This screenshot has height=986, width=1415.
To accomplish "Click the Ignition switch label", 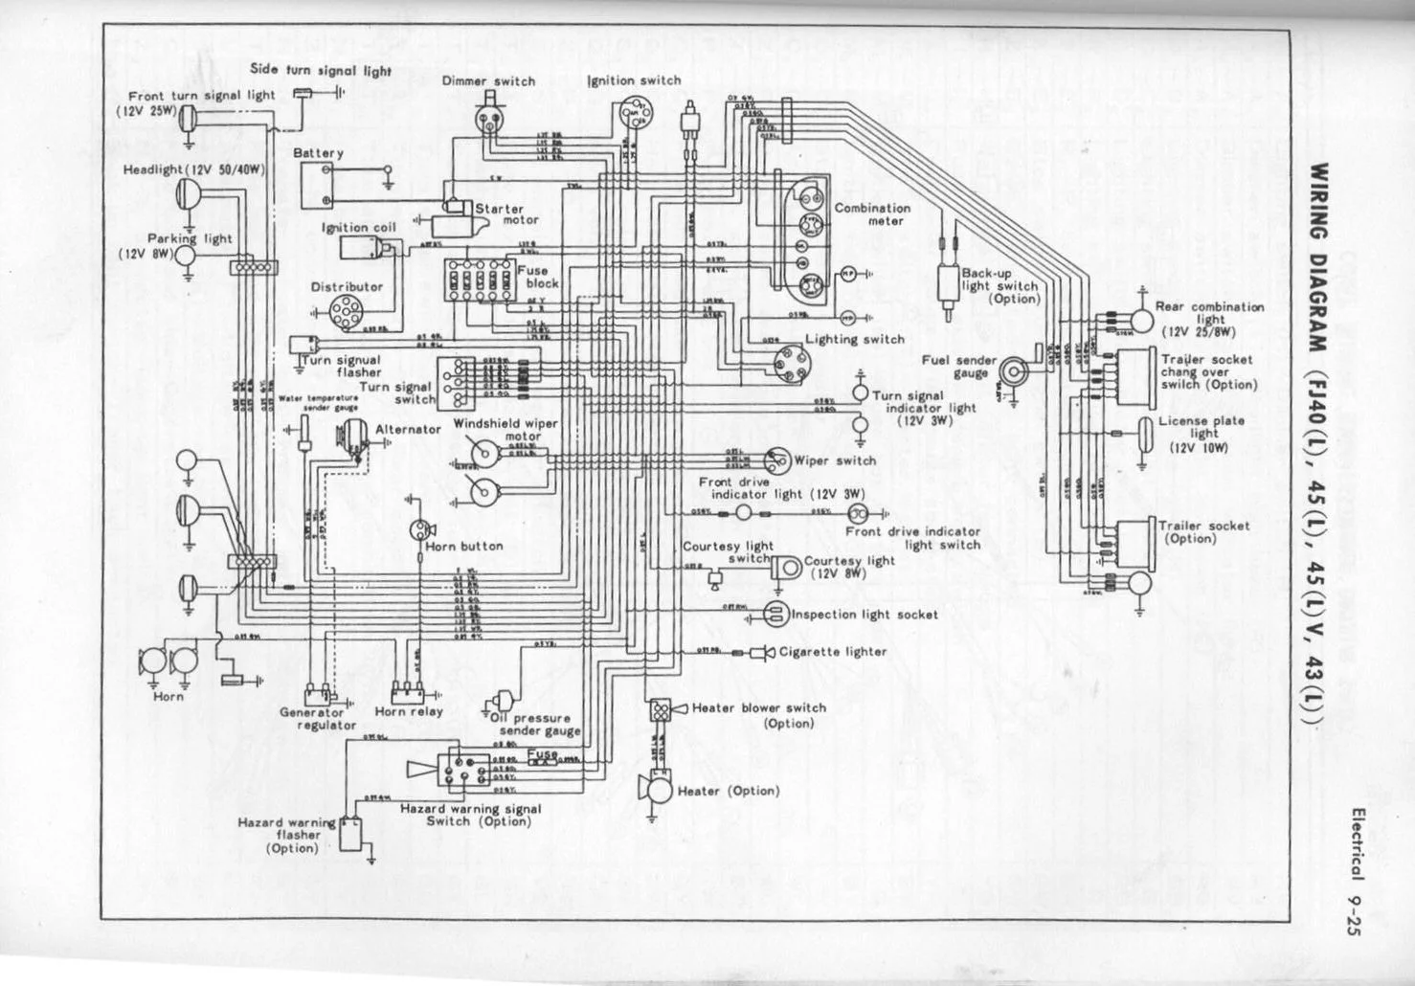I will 634,80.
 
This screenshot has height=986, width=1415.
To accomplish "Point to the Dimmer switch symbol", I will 488,116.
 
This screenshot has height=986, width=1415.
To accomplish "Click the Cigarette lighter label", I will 833,652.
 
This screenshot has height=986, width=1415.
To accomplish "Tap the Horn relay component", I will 408,690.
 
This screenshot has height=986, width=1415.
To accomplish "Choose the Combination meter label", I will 872,214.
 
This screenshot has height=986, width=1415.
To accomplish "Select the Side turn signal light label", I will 321,70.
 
